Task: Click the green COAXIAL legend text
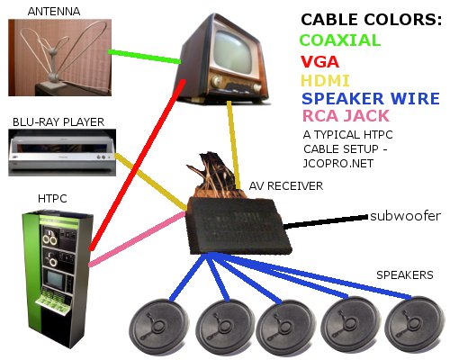pos(341,40)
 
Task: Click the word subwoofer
pos(405,216)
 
